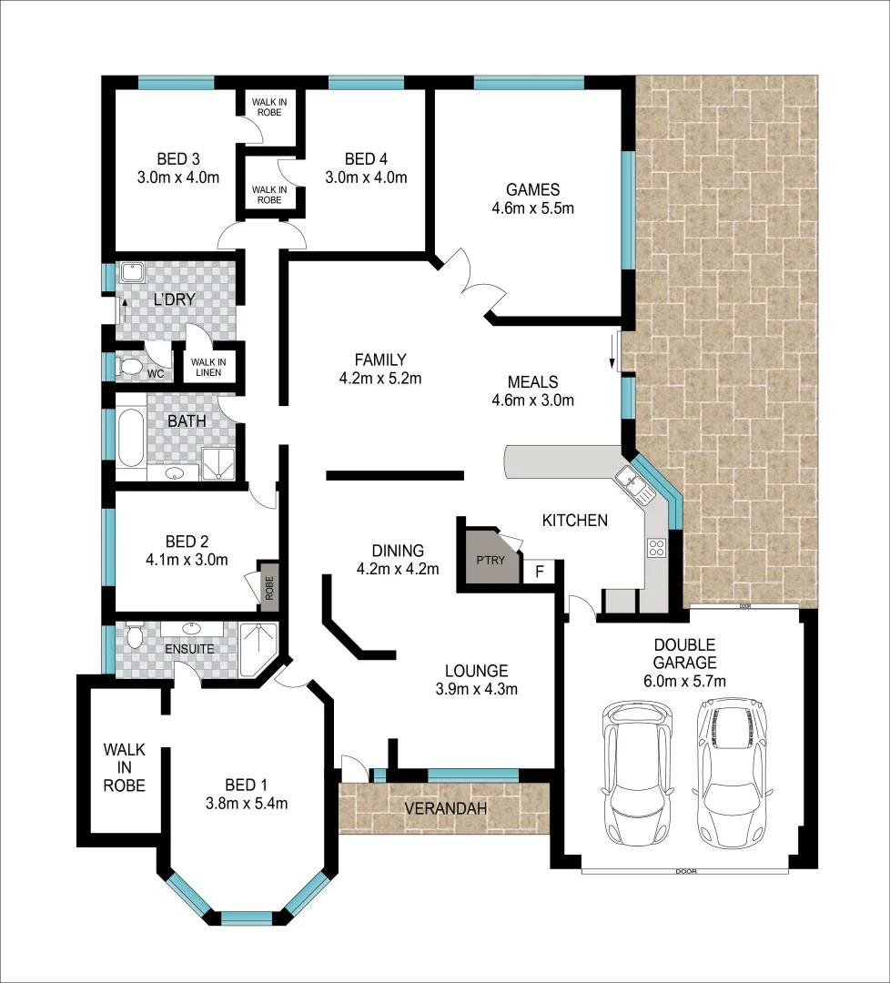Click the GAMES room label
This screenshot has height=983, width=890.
point(532,190)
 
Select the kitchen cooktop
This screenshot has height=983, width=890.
point(655,547)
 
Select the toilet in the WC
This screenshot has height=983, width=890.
point(131,367)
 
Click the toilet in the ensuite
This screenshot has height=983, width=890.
point(135,634)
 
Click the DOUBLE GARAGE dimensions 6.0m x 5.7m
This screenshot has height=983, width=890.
point(684,680)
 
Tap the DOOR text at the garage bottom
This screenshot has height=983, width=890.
point(686,871)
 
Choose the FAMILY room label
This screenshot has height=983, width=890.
point(380,360)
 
